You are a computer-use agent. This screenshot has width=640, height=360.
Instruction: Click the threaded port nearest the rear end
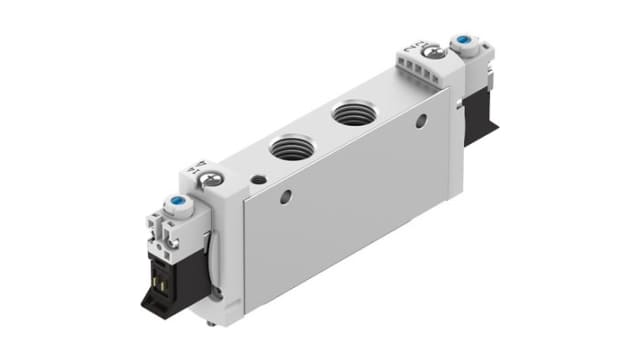(x=351, y=114)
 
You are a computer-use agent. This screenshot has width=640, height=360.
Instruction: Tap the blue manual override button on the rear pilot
(x=463, y=44)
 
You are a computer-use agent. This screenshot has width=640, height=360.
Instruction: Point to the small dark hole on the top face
(x=259, y=180)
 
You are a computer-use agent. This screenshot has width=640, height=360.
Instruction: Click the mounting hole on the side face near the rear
(x=420, y=121)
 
